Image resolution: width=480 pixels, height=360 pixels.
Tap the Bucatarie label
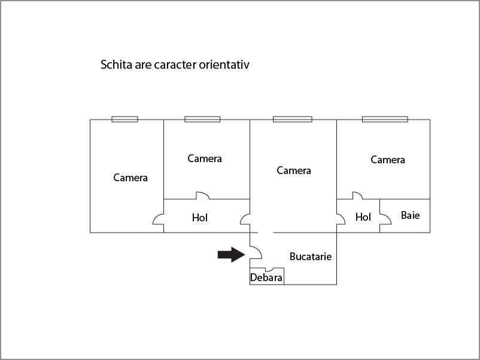[x=310, y=257]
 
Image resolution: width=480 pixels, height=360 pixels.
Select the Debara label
[x=266, y=277]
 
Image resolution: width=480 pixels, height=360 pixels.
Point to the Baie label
[x=410, y=215]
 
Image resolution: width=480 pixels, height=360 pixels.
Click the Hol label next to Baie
[x=363, y=217]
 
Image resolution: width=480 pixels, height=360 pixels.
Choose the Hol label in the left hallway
[x=200, y=218]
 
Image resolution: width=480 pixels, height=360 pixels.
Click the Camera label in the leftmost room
[x=130, y=178]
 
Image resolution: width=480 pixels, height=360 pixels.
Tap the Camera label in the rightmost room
[x=388, y=160]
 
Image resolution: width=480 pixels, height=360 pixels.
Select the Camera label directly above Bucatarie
[x=294, y=170]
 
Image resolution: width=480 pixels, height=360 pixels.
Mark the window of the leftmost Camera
[x=124, y=119]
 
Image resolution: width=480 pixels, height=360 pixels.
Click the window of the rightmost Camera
[x=384, y=119]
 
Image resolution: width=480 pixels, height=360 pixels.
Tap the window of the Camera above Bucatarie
[x=292, y=119]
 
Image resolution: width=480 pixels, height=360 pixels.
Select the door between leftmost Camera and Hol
[x=159, y=219]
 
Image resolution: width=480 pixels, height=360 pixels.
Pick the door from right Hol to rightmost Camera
[x=357, y=196]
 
